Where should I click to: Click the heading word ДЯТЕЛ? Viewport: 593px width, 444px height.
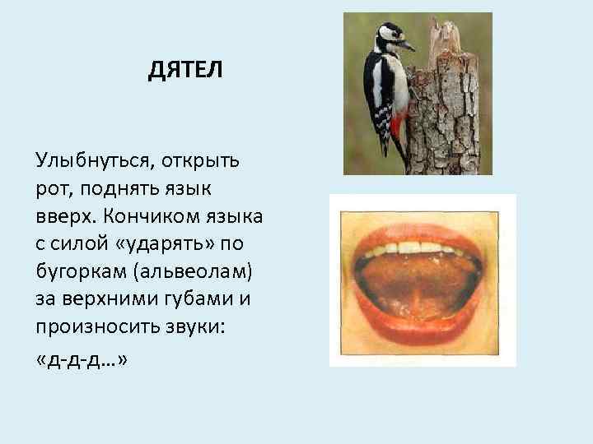point(185,72)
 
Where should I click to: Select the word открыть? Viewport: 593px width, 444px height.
point(198,158)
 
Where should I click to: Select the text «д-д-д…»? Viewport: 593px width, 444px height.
point(82,362)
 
